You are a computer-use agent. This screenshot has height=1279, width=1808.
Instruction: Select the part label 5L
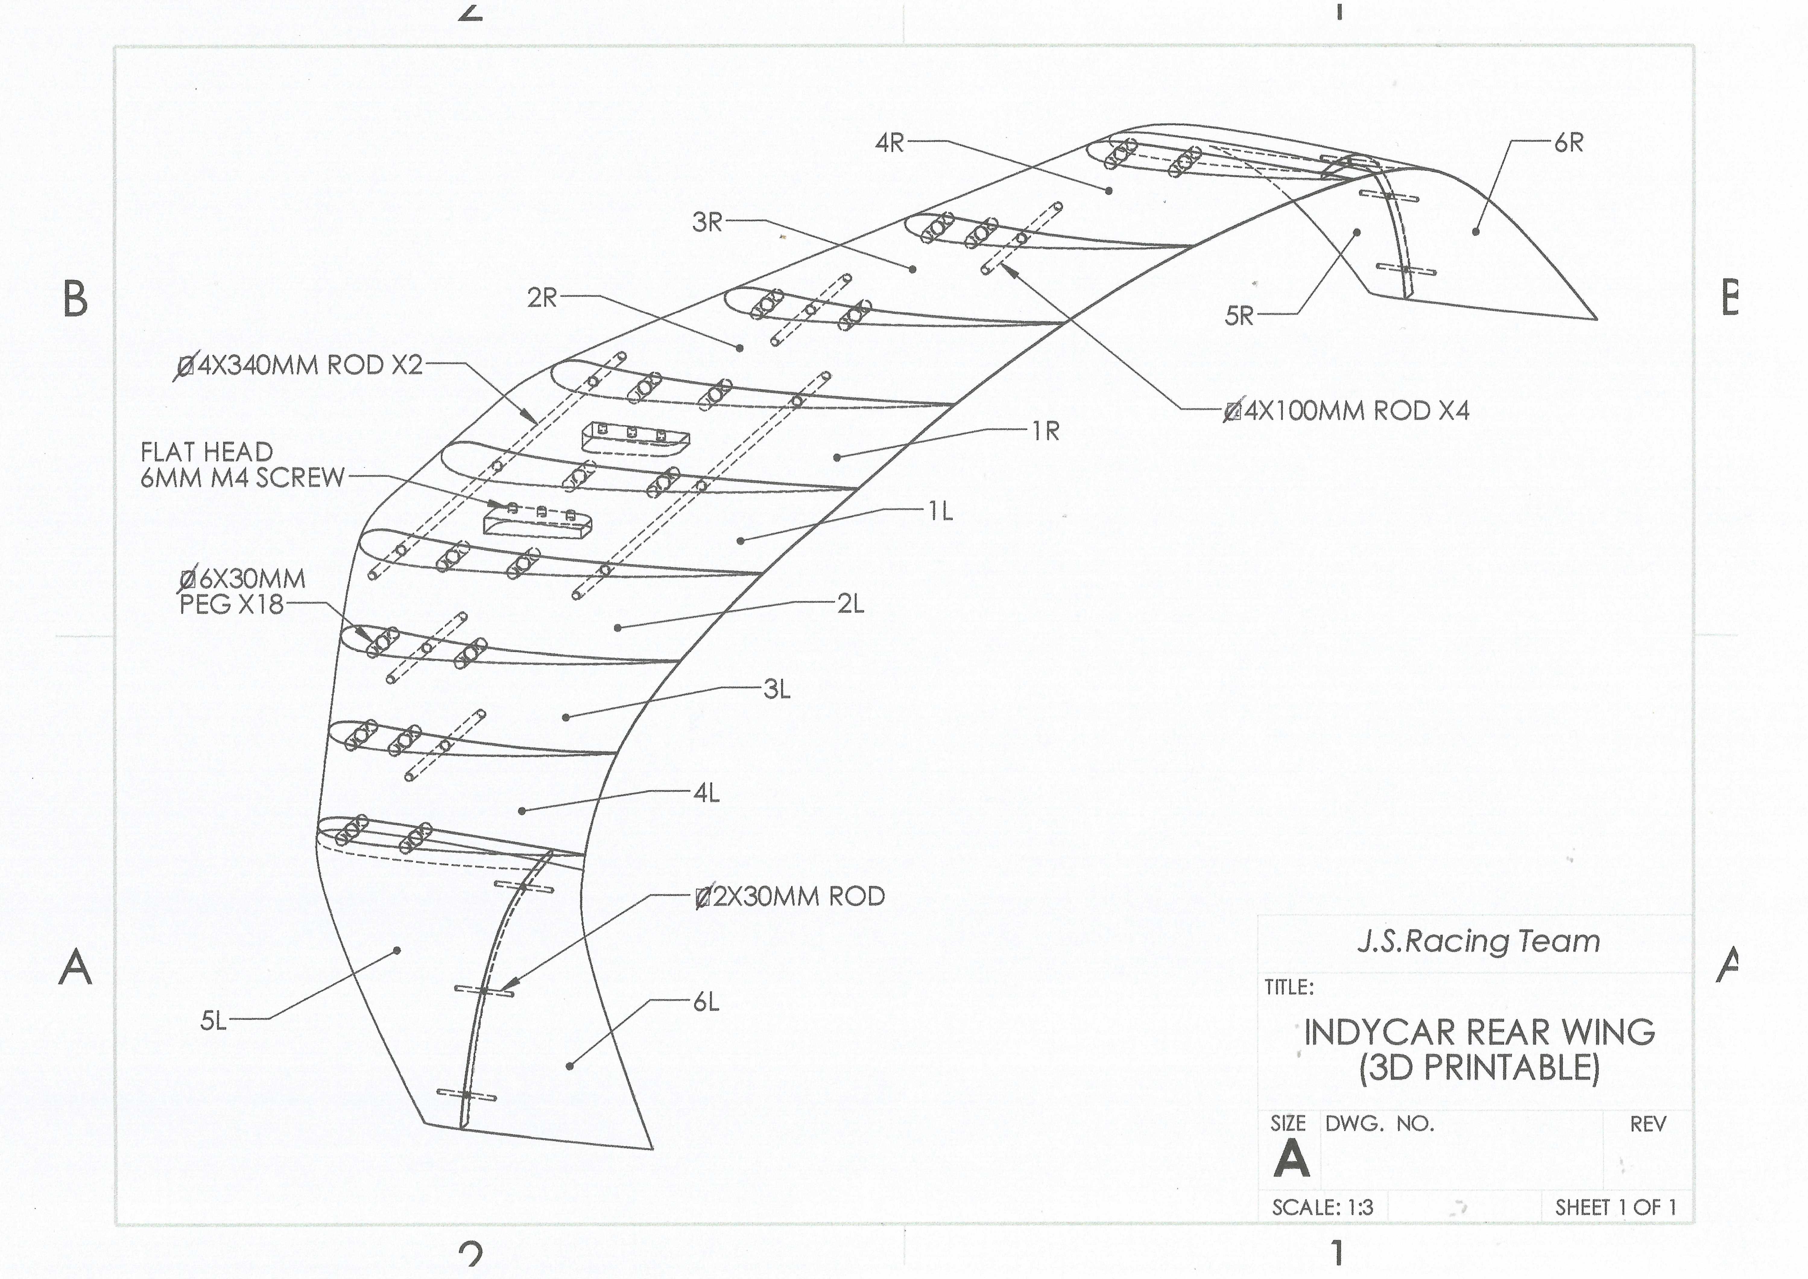213,1021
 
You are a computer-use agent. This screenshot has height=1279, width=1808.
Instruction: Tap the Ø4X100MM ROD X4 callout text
1347,410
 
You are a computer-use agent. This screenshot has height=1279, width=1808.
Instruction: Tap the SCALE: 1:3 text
1322,1207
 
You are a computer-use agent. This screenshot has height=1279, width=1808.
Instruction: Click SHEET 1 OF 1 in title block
1616,1207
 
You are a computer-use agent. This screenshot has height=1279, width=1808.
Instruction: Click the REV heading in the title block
1648,1124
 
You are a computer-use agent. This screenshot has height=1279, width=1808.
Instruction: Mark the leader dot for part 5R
1358,232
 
